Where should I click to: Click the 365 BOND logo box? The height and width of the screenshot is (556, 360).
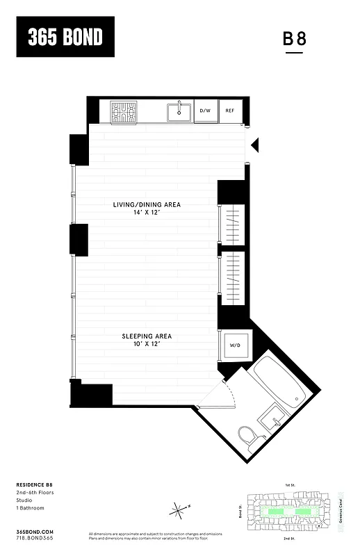(x=65, y=37)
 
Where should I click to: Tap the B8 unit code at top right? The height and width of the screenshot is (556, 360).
(x=294, y=40)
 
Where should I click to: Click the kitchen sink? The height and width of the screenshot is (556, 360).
(x=179, y=111)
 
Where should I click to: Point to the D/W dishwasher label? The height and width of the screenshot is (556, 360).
(x=205, y=111)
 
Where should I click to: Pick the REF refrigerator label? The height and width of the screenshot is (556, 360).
(x=229, y=111)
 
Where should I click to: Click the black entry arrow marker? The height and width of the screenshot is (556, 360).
(x=254, y=145)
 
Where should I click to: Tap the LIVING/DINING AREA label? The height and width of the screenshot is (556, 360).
(x=147, y=204)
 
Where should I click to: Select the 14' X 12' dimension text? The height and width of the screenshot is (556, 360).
(x=147, y=213)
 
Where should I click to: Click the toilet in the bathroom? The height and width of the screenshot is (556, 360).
(x=247, y=438)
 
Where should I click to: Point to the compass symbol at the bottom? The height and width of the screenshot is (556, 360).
(x=179, y=510)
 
